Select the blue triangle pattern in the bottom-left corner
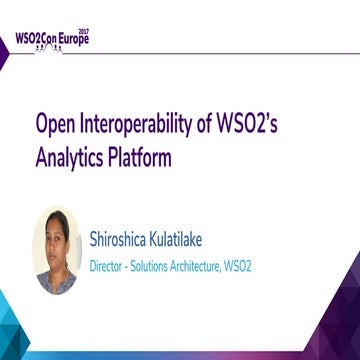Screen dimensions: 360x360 pos(25,335)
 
